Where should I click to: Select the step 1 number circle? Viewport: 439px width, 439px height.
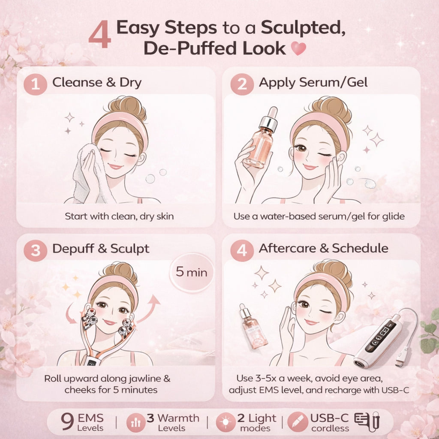click(x=37, y=84)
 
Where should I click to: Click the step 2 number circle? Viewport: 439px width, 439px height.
click(x=242, y=84)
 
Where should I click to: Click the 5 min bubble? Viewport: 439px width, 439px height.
click(x=191, y=272)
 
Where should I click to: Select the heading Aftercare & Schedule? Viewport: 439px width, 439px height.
click(x=323, y=249)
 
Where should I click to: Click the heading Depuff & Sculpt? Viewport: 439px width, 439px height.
click(x=101, y=249)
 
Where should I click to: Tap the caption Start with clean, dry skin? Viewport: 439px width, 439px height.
click(x=119, y=216)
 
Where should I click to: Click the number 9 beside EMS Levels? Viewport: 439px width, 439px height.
click(x=67, y=422)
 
